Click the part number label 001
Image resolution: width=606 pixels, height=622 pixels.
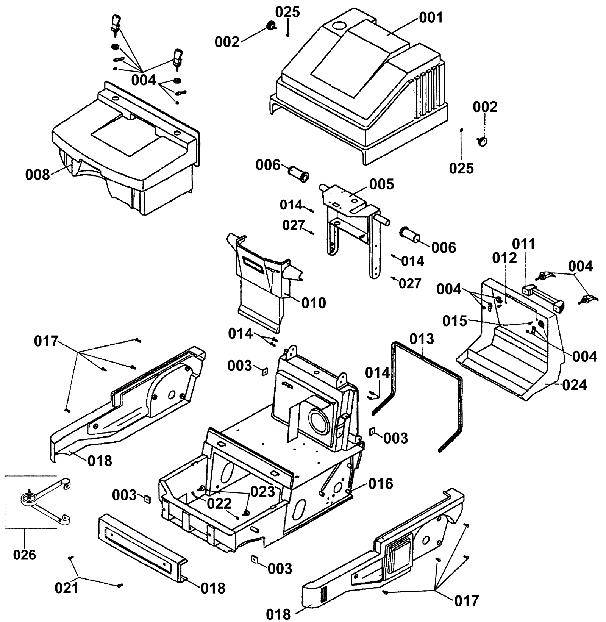[431, 17]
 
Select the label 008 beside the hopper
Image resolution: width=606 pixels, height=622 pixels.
[37, 175]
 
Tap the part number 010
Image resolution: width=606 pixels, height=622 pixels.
[314, 303]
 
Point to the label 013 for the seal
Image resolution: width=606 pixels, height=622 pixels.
[422, 339]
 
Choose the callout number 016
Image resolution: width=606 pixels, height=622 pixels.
[381, 483]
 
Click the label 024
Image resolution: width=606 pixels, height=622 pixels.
[575, 385]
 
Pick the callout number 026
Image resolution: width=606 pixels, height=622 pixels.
[24, 555]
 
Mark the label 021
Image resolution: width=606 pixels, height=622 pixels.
[67, 588]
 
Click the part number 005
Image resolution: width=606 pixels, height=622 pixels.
[381, 184]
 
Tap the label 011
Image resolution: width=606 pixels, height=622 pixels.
[524, 244]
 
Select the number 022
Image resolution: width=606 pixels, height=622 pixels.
[219, 503]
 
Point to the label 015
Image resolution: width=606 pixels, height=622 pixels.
[455, 321]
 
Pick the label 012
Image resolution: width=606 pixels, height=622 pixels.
[504, 258]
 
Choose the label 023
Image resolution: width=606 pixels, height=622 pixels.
[262, 491]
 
